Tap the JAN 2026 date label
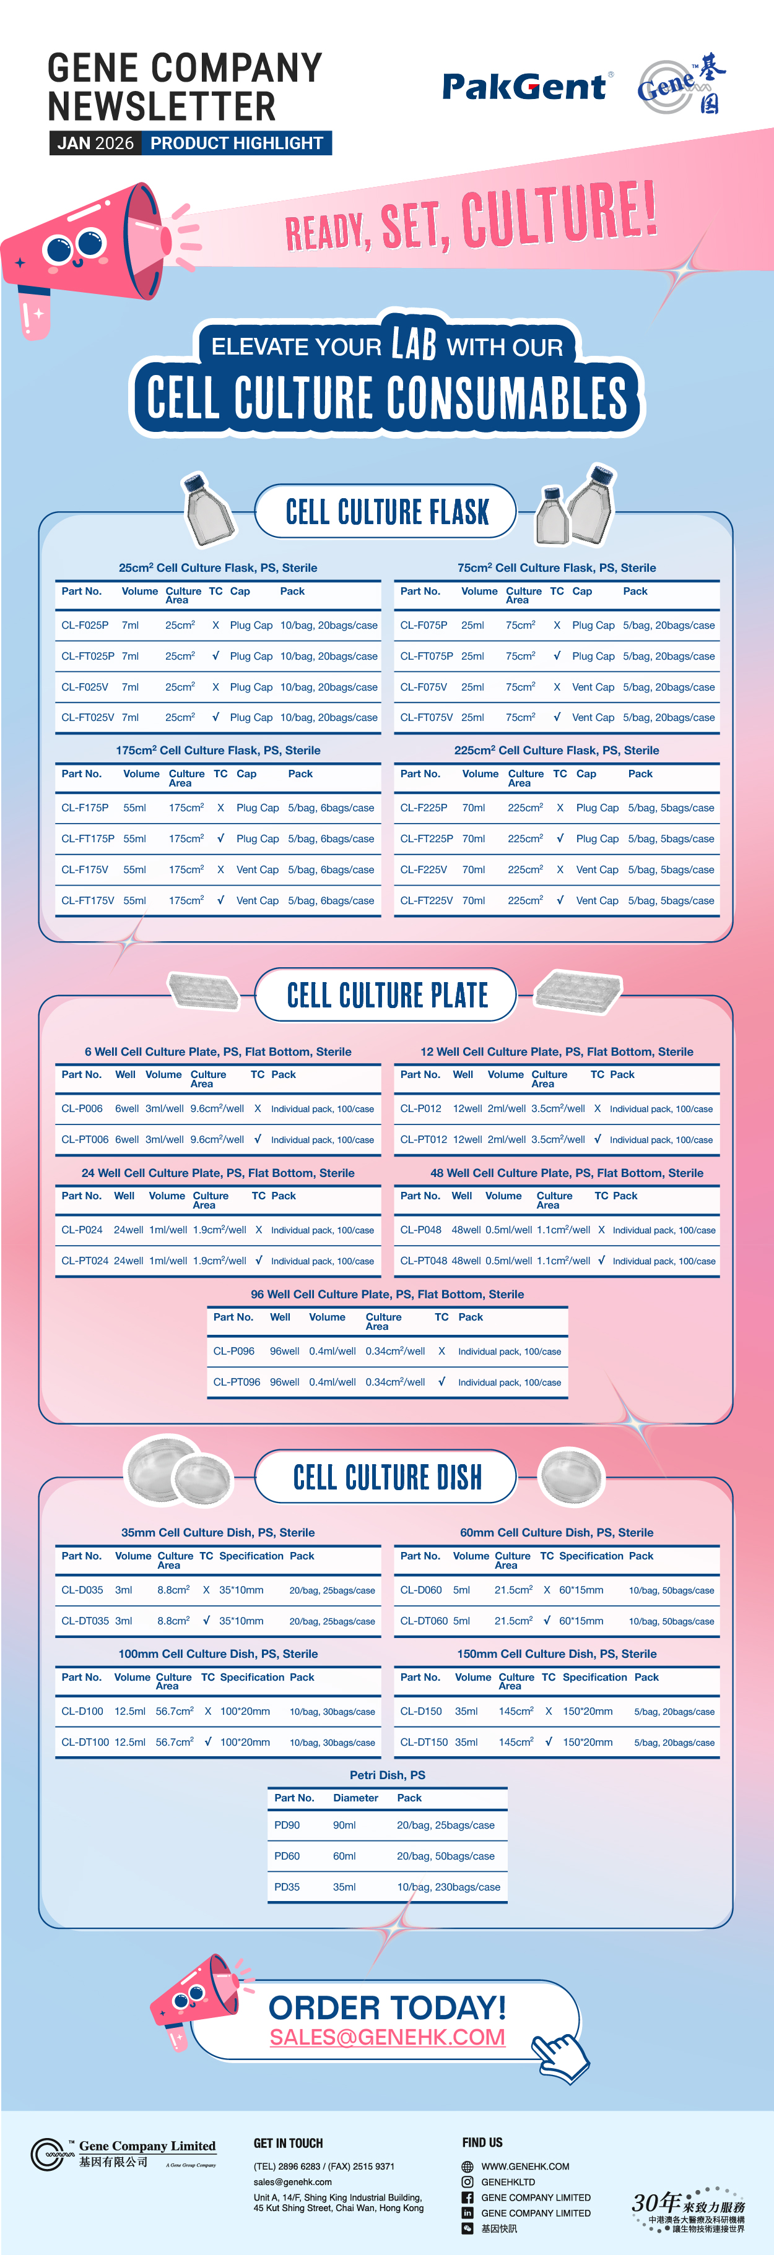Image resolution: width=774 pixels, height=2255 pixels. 95,143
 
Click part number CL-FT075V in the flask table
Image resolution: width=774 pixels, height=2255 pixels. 427,717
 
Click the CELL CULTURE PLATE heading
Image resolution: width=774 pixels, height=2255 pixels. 387,995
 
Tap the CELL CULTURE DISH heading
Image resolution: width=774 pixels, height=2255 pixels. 387,1478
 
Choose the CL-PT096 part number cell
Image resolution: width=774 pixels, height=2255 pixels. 237,1382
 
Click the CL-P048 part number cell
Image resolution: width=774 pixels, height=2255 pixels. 420,1230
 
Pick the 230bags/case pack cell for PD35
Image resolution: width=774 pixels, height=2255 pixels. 448,1886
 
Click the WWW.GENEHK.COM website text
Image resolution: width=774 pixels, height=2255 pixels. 525,2167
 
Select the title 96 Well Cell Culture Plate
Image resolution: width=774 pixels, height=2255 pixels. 387,1294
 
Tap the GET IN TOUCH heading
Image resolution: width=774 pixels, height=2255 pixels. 288,2143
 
